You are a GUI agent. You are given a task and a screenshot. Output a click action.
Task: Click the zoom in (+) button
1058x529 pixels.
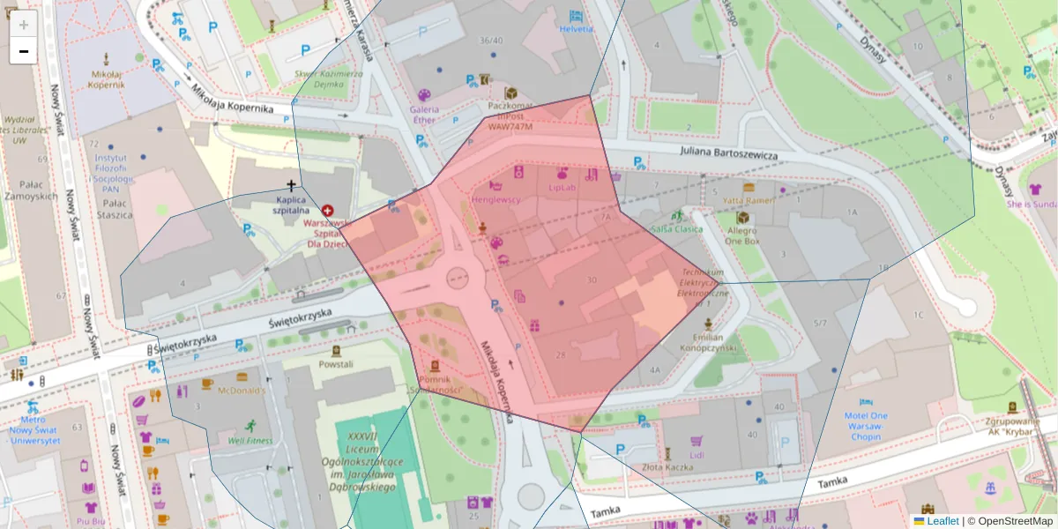coord(24,25)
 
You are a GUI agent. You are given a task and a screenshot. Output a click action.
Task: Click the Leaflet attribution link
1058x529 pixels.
coord(942,521)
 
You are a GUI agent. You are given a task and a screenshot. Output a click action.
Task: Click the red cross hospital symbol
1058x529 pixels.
coord(328,211)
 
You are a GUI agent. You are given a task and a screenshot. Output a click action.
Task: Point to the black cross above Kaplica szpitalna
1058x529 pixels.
coord(291,185)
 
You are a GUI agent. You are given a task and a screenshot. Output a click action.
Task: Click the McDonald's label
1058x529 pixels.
coord(241,391)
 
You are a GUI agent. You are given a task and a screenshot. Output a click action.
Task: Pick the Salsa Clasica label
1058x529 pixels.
coord(677,228)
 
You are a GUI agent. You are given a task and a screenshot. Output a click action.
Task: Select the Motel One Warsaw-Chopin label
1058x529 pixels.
coord(872,421)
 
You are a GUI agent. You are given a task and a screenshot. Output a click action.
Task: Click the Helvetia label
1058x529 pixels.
coord(576,28)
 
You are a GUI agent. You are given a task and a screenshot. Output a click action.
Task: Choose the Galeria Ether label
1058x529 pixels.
coord(423,115)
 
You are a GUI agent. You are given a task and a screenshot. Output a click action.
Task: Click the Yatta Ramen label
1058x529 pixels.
coord(749,200)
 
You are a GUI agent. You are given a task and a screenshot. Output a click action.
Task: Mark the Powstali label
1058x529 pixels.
coord(336,363)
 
